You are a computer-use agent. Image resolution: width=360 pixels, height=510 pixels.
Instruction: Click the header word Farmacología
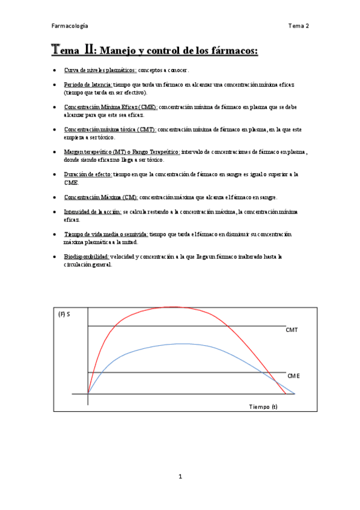[70, 26]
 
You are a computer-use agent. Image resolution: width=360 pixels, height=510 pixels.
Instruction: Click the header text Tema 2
[298, 26]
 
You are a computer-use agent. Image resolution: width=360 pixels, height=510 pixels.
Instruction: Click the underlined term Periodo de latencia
[88, 85]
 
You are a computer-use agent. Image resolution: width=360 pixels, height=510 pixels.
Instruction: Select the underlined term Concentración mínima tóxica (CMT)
[109, 129]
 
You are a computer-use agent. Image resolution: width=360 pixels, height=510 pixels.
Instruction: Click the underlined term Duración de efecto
[88, 174]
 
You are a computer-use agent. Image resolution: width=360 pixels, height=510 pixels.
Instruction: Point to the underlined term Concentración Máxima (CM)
[101, 197]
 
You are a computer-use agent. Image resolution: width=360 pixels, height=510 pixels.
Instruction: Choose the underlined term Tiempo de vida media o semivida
[106, 234]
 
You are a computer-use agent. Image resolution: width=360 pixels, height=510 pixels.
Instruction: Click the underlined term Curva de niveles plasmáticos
[100, 70]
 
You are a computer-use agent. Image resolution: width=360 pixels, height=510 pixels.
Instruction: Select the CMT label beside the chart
[292, 330]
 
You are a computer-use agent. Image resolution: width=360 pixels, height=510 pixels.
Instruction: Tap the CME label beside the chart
[293, 376]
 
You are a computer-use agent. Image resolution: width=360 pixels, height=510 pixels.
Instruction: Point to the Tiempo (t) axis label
[263, 407]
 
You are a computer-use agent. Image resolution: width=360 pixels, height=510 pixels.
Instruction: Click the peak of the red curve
[180, 307]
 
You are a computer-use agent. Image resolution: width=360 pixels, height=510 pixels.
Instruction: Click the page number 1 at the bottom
[180, 477]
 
